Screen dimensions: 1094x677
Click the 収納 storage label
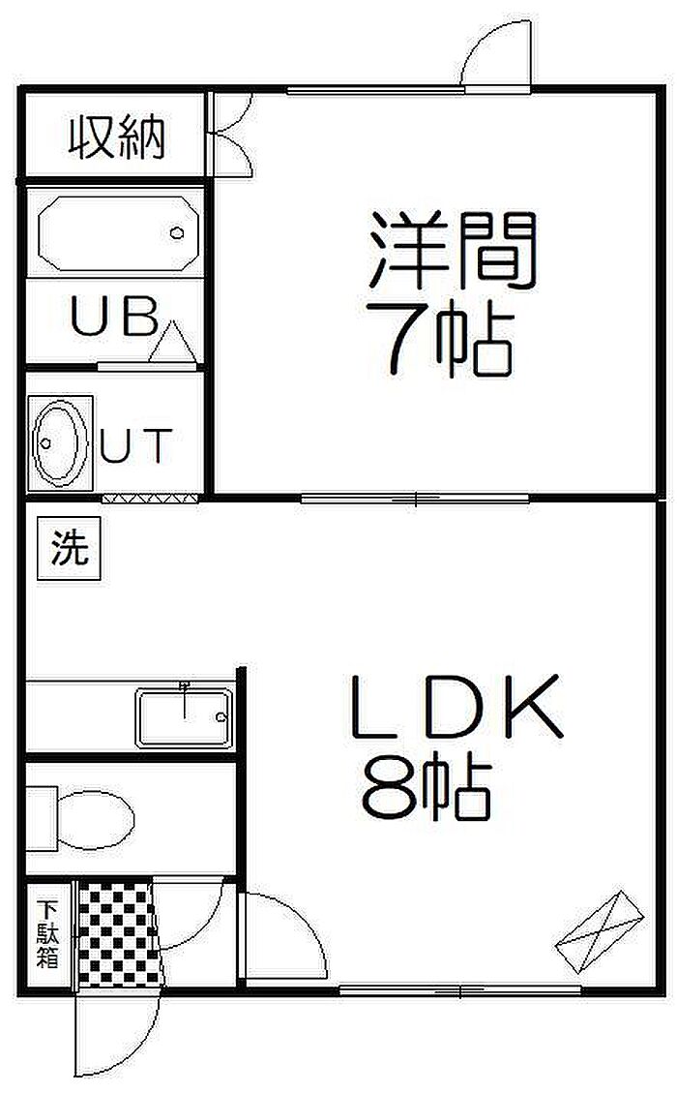116,137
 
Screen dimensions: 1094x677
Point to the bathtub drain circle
177,233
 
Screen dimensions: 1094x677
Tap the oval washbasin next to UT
57,441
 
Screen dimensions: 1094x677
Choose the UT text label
137,446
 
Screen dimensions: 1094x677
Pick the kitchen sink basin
184,717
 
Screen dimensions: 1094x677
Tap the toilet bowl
93,818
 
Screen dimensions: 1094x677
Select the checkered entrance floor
117,934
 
